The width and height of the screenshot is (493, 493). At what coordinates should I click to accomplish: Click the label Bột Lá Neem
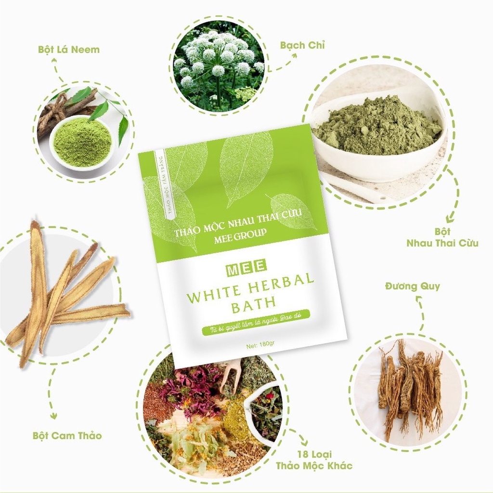69,50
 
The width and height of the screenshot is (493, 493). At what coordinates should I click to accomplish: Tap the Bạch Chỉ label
302,45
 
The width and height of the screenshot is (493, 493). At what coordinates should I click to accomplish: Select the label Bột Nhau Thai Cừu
442,237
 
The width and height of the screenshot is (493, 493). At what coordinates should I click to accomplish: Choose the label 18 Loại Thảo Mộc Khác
314,460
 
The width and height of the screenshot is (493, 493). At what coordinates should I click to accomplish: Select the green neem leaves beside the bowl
113,113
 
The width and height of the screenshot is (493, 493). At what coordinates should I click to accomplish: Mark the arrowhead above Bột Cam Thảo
54,415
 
